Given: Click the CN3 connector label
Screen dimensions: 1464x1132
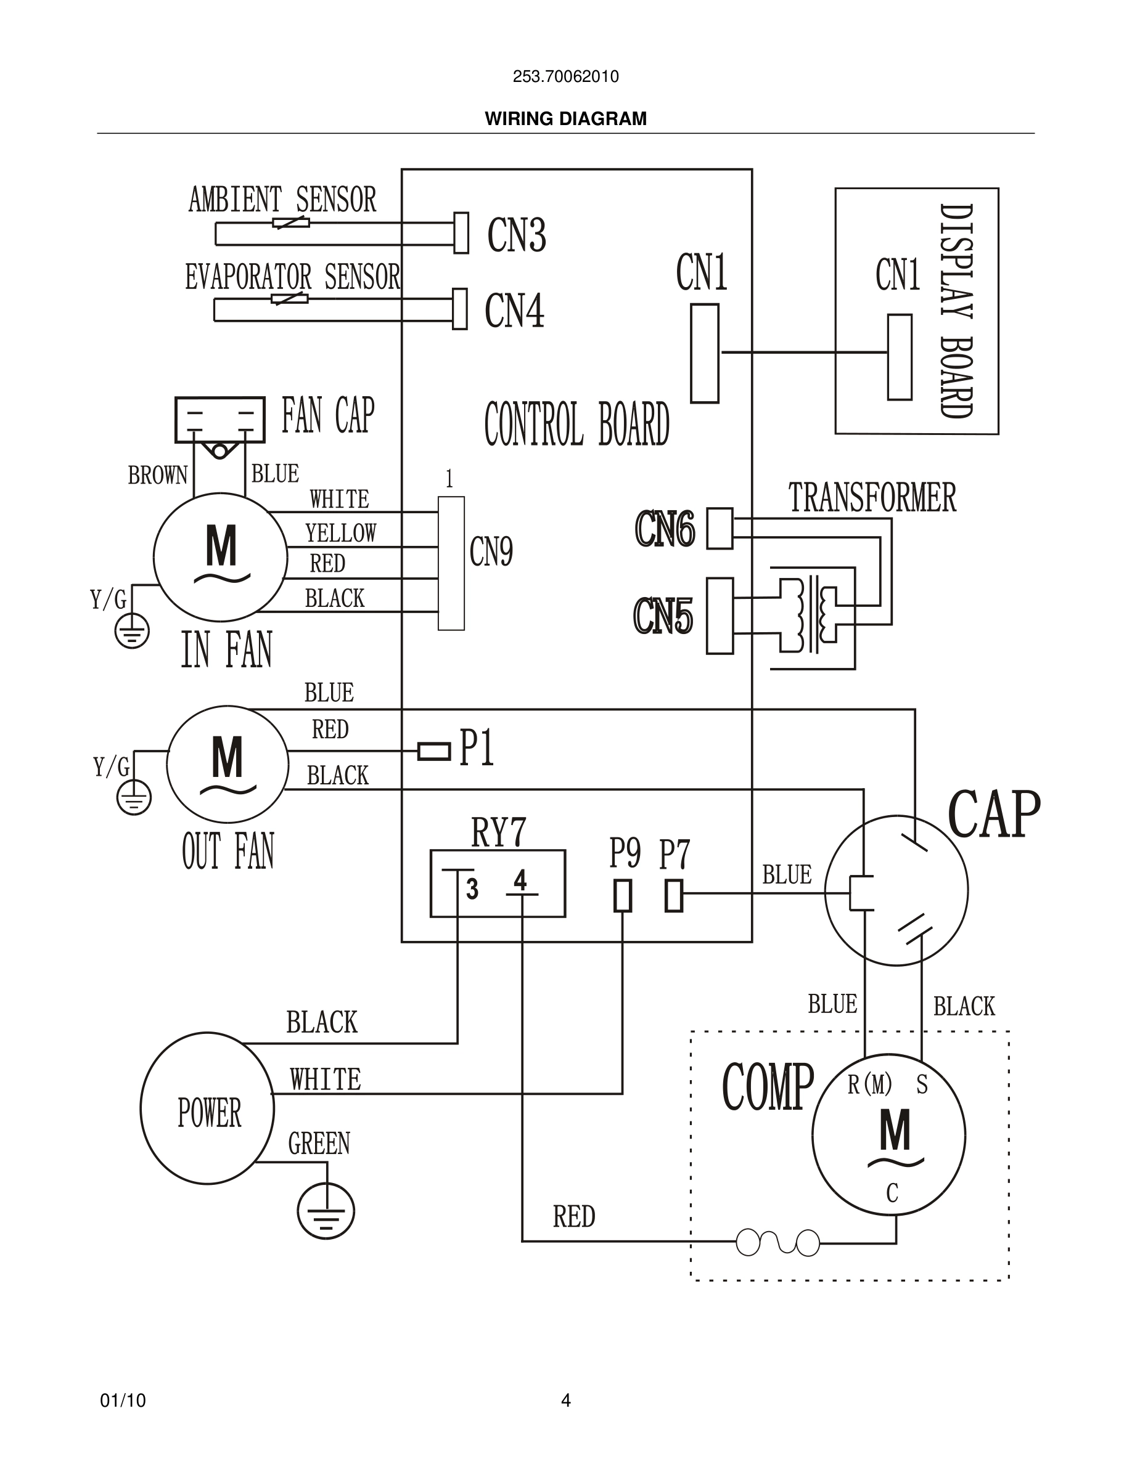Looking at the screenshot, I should (517, 235).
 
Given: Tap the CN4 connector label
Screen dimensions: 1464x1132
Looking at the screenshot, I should (514, 311).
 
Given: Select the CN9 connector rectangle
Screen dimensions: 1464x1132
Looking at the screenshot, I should (451, 563).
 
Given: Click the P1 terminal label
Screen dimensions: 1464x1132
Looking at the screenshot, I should (477, 747).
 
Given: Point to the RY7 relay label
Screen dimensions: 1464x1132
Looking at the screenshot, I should (498, 833).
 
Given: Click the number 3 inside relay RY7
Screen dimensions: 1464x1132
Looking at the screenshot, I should (472, 890).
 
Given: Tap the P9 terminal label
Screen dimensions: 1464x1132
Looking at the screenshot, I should (625, 853).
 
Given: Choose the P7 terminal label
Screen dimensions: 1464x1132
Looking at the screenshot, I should (674, 855).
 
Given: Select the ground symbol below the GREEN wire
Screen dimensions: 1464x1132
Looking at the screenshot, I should (326, 1212).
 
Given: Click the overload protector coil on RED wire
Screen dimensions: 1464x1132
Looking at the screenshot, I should (778, 1242).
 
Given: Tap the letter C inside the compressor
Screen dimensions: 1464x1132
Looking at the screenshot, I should (892, 1193).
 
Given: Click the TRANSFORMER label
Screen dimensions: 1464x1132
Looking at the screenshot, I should (872, 498).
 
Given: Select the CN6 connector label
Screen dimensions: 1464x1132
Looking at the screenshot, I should (665, 529).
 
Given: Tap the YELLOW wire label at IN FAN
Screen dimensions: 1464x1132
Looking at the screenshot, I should (341, 534).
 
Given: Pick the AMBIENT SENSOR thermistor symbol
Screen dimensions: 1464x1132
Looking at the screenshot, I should (290, 222).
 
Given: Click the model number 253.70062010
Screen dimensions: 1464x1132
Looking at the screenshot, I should (565, 76).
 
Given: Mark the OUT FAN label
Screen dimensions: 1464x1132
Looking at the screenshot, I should (228, 852).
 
